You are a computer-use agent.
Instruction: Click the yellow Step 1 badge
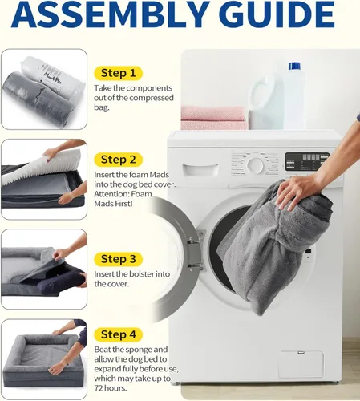pyautogui.click(x=118, y=73)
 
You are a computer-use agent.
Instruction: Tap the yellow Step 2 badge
pyautogui.click(x=118, y=160)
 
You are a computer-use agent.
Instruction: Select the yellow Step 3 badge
pyautogui.click(x=118, y=259)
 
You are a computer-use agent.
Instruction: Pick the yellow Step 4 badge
pyautogui.click(x=118, y=334)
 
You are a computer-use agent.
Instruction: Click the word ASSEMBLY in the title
pyautogui.click(x=111, y=14)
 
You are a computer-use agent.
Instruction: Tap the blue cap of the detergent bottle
pyautogui.click(x=294, y=66)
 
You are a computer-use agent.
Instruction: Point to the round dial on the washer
pyautogui.click(x=256, y=164)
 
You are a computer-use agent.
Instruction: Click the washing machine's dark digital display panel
pyautogui.click(x=307, y=161)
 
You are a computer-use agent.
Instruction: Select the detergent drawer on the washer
pyautogui.click(x=200, y=170)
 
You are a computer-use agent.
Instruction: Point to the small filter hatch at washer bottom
pyautogui.click(x=301, y=364)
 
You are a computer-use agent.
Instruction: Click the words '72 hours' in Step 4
pyautogui.click(x=110, y=388)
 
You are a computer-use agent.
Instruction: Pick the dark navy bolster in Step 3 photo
pyautogui.click(x=62, y=282)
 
